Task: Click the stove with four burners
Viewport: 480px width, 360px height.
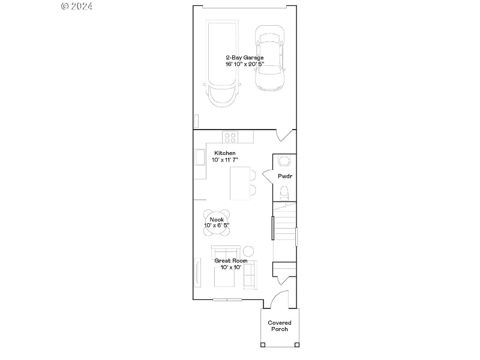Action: tap(230, 137)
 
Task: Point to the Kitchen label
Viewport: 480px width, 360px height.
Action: tap(225, 154)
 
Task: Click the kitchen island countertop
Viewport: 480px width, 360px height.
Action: tap(240, 183)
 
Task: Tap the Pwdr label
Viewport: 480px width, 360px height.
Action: tap(284, 176)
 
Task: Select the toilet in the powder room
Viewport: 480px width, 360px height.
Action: tap(285, 193)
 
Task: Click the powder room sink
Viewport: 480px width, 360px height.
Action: tap(284, 160)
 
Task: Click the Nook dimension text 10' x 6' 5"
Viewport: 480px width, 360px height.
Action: tap(217, 225)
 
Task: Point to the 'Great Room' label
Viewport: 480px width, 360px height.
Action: tap(231, 261)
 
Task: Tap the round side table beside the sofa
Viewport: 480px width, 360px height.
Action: tap(248, 250)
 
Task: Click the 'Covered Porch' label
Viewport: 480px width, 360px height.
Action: tap(280, 326)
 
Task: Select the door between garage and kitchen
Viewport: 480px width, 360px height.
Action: tap(285, 136)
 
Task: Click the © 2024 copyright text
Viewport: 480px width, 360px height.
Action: tap(77, 6)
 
